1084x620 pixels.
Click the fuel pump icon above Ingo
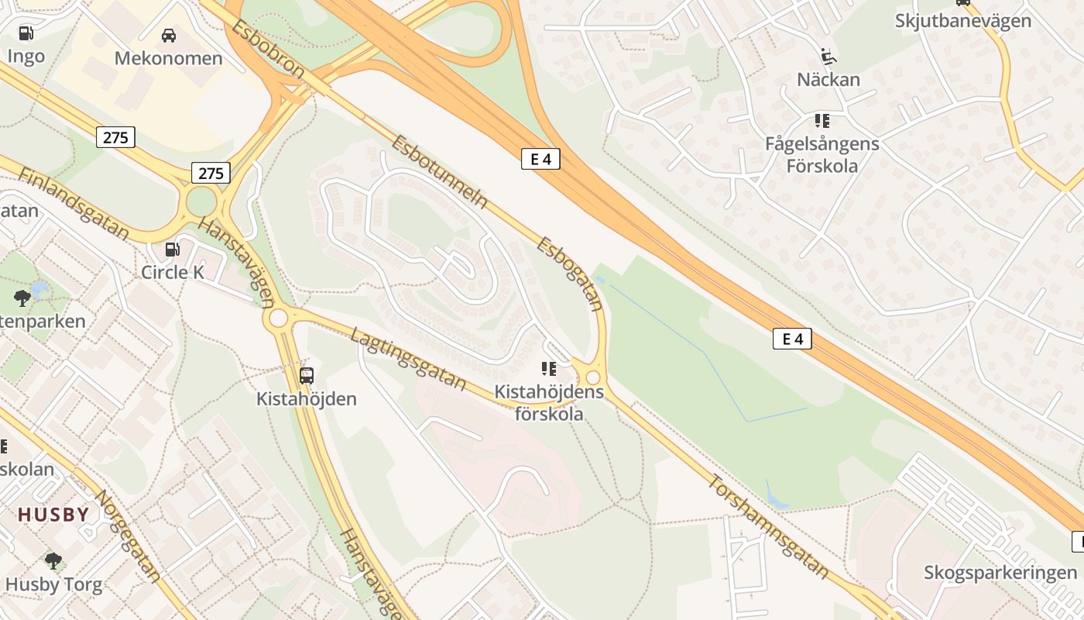[26, 33]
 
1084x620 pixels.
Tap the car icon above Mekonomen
[168, 35]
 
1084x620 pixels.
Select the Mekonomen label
[168, 58]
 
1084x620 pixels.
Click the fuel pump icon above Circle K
[173, 250]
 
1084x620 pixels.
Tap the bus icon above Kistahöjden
[307, 376]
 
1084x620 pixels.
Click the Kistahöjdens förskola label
[549, 402]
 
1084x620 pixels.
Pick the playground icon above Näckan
[828, 56]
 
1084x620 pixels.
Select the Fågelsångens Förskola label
[822, 154]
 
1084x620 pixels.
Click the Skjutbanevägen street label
[962, 20]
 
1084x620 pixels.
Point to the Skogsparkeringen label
[1000, 573]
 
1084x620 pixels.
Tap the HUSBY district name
[53, 514]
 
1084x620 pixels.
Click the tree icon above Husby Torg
[53, 560]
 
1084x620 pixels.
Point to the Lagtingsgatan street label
[408, 358]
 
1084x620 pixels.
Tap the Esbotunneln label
[439, 172]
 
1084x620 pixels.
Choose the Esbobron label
[269, 48]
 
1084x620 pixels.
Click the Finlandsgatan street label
[73, 202]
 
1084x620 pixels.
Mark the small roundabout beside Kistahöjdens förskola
[593, 377]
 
